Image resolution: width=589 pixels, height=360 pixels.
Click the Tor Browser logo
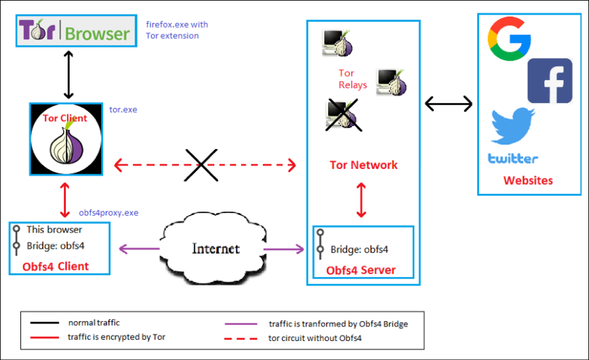[x=75, y=31]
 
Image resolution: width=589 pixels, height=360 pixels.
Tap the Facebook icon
[x=549, y=81]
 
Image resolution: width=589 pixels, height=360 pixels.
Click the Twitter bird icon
[x=513, y=126]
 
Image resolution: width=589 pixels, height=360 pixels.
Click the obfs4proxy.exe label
[x=108, y=212]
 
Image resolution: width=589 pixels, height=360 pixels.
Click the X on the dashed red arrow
[x=201, y=165]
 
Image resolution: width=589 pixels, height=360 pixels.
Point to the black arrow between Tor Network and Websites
[x=448, y=104]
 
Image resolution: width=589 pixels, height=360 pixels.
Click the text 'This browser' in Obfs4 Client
[x=54, y=229]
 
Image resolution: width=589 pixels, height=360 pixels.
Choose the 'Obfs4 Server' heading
[x=361, y=271]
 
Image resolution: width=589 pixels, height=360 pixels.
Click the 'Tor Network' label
[x=363, y=165]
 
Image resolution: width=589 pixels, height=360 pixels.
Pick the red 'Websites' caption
[x=528, y=180]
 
